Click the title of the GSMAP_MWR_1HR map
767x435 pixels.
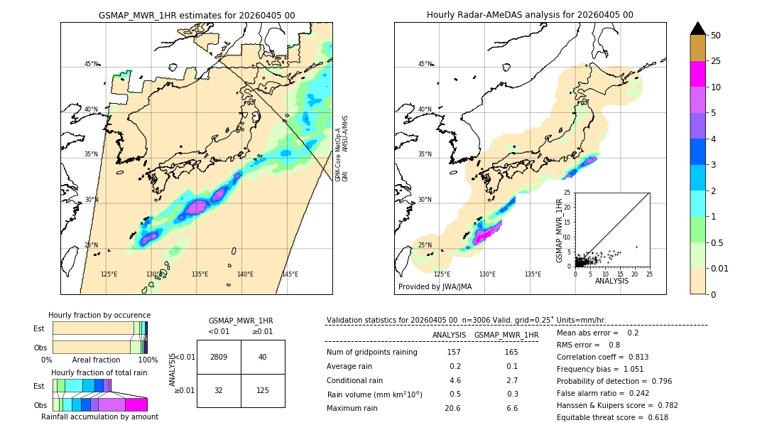196,15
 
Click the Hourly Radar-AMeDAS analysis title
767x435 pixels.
530,15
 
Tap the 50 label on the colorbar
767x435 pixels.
716,36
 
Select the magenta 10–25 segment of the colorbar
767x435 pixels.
698,74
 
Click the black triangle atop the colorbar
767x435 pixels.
698,28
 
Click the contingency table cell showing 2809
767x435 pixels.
219,357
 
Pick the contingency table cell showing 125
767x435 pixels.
263,390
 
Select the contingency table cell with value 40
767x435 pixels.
263,357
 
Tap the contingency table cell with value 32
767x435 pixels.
219,390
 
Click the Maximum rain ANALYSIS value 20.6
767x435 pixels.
452,409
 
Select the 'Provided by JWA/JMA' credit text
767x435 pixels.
435,287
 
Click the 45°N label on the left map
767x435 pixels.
91,64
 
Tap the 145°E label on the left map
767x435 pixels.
290,274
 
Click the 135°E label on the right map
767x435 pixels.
533,274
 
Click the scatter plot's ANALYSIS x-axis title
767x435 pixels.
611,281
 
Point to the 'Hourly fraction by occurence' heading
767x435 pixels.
99,315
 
